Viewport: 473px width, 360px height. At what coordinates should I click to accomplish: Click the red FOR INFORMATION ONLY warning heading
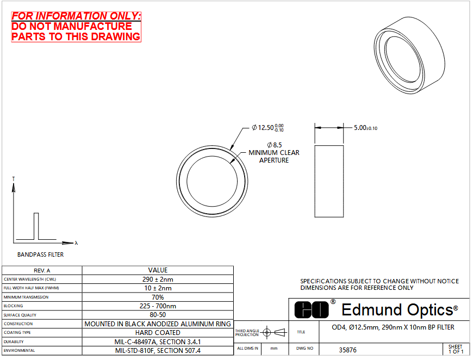[x=76, y=16]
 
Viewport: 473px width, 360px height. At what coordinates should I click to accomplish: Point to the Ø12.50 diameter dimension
[x=267, y=128]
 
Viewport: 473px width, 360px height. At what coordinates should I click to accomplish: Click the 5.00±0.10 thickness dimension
[x=365, y=128]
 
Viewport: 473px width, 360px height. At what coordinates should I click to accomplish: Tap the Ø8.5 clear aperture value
[x=274, y=145]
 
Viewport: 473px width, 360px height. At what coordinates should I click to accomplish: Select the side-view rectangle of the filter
[x=329, y=181]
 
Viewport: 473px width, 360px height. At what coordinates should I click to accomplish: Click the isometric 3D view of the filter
[x=409, y=55]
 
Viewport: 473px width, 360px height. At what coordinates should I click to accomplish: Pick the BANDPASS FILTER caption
[x=40, y=255]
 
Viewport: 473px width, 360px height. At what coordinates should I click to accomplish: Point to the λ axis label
[x=76, y=243]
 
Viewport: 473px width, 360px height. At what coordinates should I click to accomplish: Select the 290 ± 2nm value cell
[x=158, y=279]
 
